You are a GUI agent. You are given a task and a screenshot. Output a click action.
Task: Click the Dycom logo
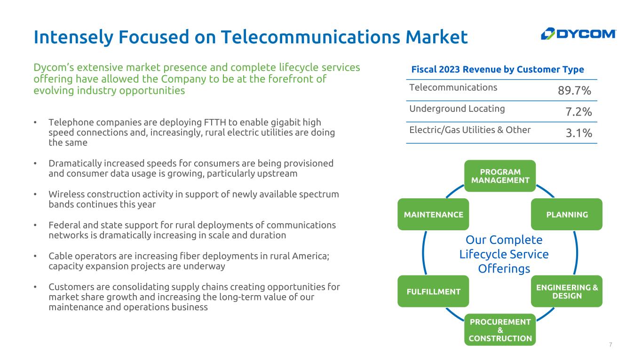coord(578,34)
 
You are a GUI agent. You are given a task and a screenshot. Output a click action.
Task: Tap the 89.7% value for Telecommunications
coord(574,91)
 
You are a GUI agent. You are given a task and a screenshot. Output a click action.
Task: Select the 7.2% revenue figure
coord(579,112)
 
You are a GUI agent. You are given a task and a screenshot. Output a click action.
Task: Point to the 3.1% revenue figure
coord(579,133)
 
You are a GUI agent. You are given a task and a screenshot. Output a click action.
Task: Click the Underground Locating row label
coord(457,109)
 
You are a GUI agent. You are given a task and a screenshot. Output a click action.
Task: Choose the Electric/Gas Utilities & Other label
coord(470,130)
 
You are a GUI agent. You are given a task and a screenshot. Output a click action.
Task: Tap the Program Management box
coord(500,176)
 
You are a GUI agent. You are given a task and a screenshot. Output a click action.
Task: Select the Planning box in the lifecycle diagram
coord(567,214)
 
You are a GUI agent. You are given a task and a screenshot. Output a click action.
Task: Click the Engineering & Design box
coord(567,291)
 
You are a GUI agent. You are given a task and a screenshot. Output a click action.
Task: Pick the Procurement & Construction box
coord(500,329)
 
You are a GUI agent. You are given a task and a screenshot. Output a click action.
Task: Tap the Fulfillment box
coord(433,291)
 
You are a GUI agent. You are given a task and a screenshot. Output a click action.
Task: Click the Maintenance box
coord(433,214)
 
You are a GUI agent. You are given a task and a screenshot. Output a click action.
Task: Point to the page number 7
coord(610,344)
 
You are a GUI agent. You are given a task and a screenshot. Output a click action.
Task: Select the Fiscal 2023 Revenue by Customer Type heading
coord(498,69)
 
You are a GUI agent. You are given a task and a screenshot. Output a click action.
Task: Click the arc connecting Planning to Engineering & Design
coord(576,253)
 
